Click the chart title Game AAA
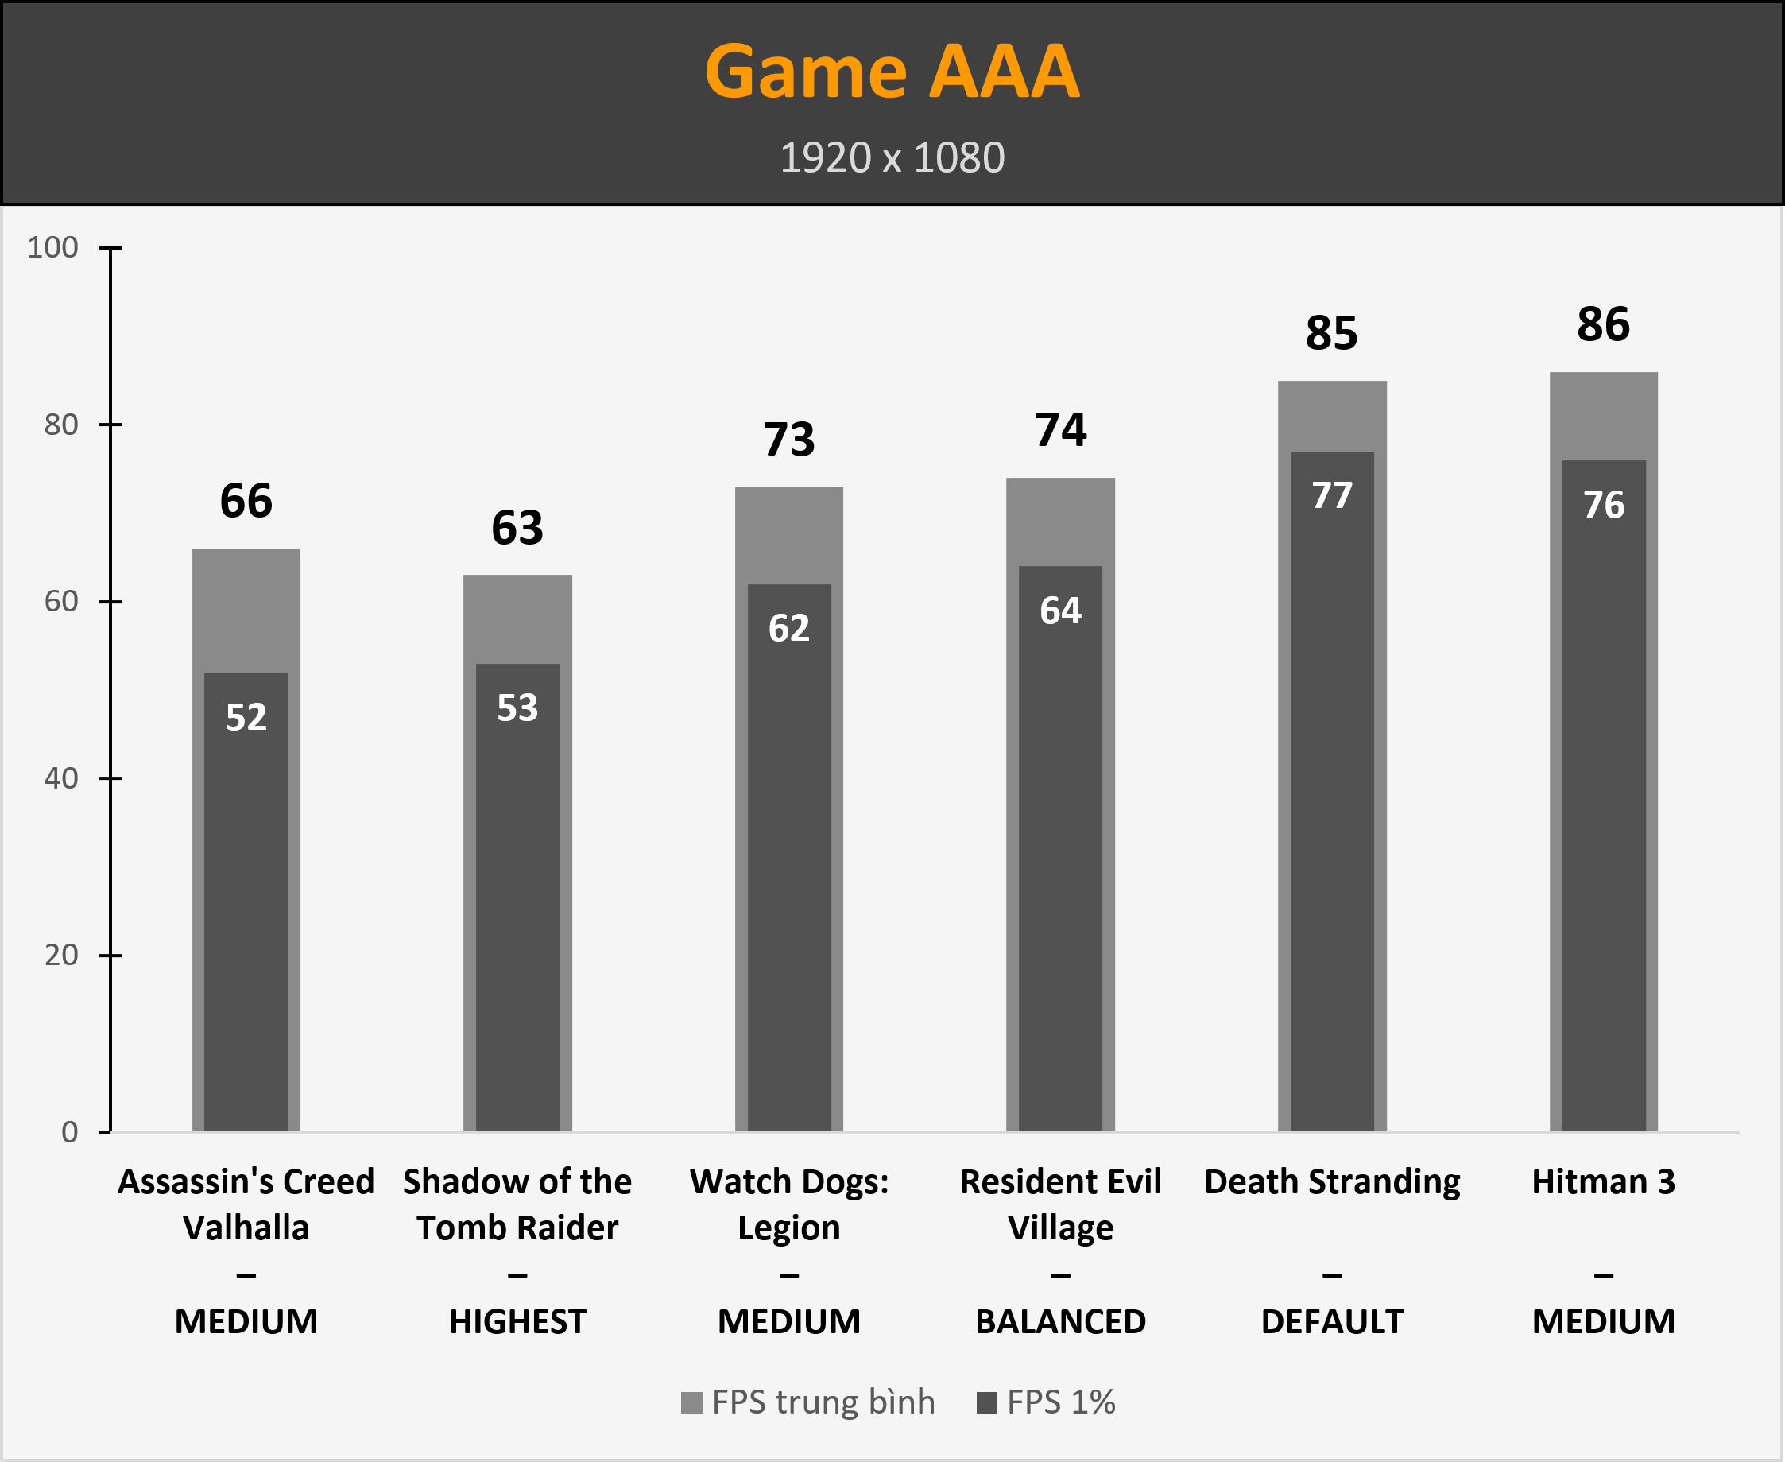[892, 72]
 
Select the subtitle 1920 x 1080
[892, 157]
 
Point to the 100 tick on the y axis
[53, 247]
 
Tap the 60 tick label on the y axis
[60, 601]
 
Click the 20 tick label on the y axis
[60, 955]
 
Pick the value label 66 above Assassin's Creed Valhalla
[246, 501]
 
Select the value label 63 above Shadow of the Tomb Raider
[517, 528]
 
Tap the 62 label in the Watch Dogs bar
[789, 628]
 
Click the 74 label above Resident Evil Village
[1060, 430]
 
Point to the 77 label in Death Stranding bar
[1332, 496]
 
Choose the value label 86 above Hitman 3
[1603, 325]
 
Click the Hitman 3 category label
[1603, 1182]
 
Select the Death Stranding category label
[1332, 1182]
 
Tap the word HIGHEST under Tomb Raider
[517, 1322]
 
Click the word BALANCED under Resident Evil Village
[1060, 1322]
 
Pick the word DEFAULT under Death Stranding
[1332, 1322]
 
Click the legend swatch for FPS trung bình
[691, 1403]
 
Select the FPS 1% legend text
[1061, 1403]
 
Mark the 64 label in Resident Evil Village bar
[1060, 611]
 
